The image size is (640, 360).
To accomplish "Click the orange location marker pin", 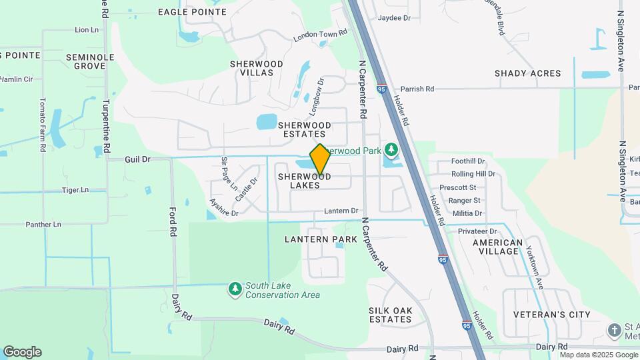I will click(320, 159).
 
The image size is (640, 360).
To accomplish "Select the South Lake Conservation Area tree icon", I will click(235, 288).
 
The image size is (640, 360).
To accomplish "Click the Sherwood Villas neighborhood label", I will click(257, 68).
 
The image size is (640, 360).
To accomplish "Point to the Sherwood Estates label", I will click(305, 129).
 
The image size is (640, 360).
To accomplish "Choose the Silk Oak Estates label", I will click(391, 315).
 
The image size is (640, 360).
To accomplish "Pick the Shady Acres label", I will click(528, 73).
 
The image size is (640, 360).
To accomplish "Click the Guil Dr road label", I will click(138, 159).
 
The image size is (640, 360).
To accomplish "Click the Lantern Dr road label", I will click(341, 211).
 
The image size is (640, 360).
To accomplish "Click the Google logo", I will click(22, 352).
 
